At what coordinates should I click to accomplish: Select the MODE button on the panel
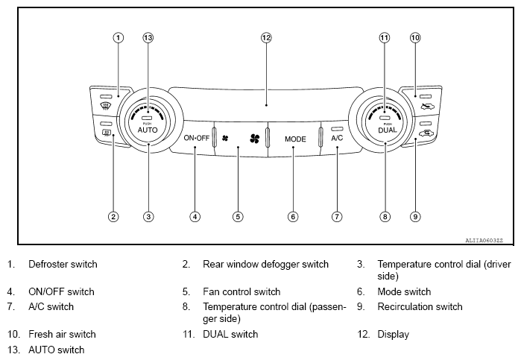click(294, 139)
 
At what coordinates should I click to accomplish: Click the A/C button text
click(337, 139)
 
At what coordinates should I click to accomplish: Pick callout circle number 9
click(415, 217)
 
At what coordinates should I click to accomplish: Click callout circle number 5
click(238, 217)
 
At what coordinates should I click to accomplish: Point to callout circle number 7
click(337, 217)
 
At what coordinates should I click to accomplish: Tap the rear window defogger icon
click(107, 134)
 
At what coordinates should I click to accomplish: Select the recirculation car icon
click(426, 133)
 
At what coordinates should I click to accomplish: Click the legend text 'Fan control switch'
click(241, 291)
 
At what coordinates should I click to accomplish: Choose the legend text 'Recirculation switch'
click(420, 306)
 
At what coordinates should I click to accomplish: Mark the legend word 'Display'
click(393, 335)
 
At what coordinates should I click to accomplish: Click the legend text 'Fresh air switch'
click(62, 335)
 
